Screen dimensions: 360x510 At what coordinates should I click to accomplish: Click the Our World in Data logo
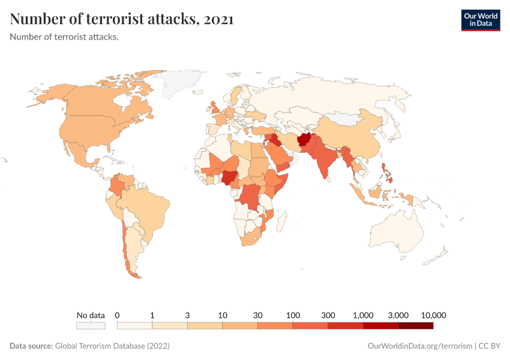coord(480,20)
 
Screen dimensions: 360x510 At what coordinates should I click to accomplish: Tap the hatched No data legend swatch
coord(91,326)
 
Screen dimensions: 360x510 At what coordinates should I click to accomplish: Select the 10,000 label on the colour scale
coord(434,315)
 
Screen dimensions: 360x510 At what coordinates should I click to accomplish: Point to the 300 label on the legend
coord(328,315)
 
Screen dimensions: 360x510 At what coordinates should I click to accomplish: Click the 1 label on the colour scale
coord(152,315)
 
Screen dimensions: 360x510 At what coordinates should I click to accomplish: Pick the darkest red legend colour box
coord(415,326)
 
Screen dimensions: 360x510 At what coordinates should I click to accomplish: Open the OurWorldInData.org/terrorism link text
coord(419,346)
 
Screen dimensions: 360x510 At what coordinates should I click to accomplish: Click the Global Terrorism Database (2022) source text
coord(112,346)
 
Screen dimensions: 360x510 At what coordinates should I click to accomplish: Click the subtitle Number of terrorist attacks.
coord(64,37)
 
